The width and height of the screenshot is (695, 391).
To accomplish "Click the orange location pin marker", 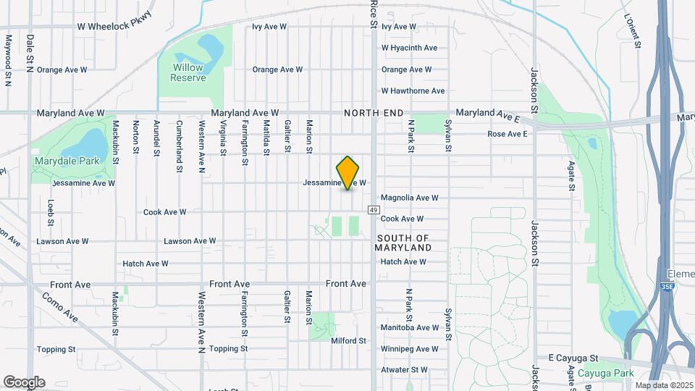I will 347,172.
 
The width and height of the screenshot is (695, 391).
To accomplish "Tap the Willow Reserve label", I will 189,72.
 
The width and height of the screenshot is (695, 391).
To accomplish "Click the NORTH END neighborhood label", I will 374,113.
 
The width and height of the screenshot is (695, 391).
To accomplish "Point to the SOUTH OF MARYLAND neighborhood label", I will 403,243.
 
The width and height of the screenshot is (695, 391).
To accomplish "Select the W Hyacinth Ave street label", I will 410,49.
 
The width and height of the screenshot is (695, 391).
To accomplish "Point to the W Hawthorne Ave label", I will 413,91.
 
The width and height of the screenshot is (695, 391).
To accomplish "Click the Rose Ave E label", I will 507,134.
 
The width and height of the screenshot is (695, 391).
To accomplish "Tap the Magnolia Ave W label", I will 410,198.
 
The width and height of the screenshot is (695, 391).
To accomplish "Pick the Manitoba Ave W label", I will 410,327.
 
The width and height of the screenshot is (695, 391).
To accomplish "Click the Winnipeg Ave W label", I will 410,348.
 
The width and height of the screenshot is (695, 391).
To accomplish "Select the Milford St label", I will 349,340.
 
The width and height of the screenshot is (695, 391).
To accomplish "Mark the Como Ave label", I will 59,308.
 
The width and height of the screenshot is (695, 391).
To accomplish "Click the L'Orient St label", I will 632,30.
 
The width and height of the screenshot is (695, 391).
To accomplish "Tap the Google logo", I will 23,382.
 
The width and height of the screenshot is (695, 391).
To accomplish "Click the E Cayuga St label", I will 573,358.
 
